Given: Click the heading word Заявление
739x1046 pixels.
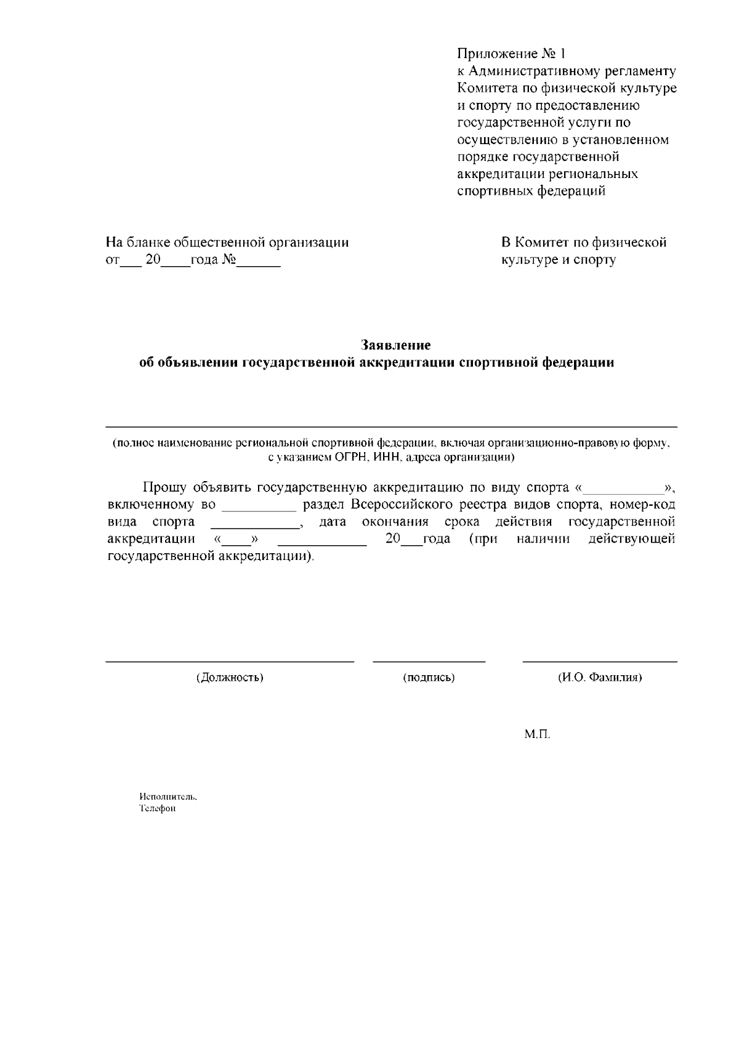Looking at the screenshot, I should point(395,344).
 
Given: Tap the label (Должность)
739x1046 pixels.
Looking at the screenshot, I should point(230,678).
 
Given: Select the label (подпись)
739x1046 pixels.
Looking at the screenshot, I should point(429,678).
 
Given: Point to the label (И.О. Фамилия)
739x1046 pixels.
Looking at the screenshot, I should point(600,678).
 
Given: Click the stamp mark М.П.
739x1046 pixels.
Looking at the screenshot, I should point(537,734).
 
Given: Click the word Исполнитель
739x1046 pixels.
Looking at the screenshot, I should point(168,796).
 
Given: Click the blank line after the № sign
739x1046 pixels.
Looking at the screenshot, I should point(259,265).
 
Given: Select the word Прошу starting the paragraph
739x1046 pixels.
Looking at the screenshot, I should point(164,488).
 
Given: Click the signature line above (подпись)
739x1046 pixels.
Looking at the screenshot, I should point(429,661).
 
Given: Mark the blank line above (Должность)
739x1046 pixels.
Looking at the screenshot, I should point(230,661).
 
